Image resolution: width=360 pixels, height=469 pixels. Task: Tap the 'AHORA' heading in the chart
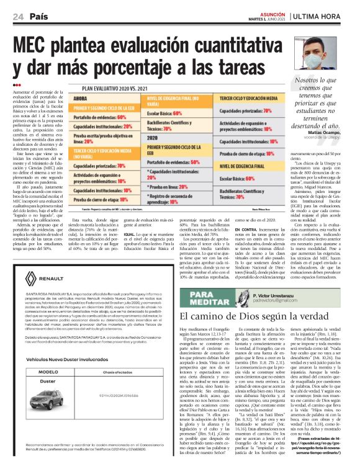pos(82,99)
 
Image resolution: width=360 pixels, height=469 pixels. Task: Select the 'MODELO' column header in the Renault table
pos(48,372)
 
